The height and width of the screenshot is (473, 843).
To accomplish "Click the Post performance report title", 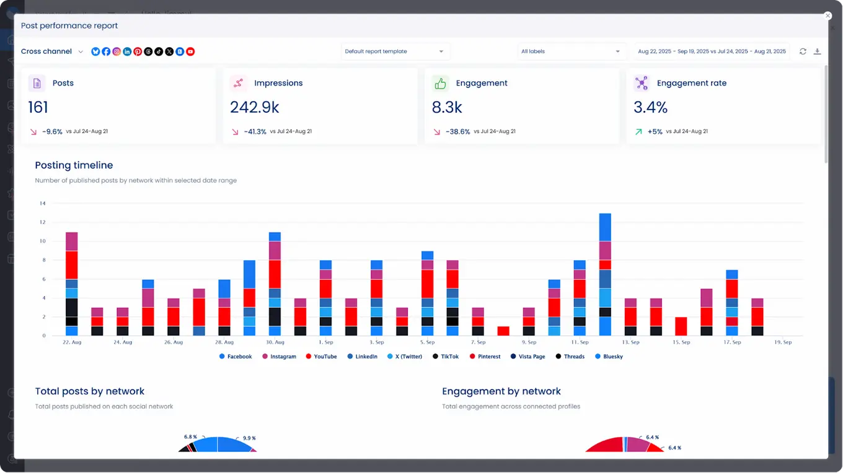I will coord(69,25).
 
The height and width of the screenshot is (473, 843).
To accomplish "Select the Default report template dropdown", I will coord(394,51).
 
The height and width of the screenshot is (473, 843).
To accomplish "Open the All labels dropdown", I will coord(570,51).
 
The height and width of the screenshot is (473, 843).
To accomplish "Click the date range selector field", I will coord(712,51).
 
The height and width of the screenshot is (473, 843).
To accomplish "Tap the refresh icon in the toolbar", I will coord(803,51).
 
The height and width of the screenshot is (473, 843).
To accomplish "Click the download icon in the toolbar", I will coord(817,51).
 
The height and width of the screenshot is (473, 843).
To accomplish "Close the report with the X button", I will coord(827,16).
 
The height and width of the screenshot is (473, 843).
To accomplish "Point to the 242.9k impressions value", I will coord(254,108).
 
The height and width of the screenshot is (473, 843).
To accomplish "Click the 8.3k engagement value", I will coord(447,108).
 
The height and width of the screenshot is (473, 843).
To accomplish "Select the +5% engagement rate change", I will coord(655,131).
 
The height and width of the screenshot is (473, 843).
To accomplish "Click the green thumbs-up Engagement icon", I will coord(440,84).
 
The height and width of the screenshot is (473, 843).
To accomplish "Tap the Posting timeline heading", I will coord(74,165).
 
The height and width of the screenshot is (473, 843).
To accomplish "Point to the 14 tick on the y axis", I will coord(42,203).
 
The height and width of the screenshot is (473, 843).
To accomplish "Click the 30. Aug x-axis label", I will coord(275,342).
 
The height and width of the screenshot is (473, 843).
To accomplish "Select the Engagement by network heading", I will coord(501,391).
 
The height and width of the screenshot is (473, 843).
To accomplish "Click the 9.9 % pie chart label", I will coord(249,438).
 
